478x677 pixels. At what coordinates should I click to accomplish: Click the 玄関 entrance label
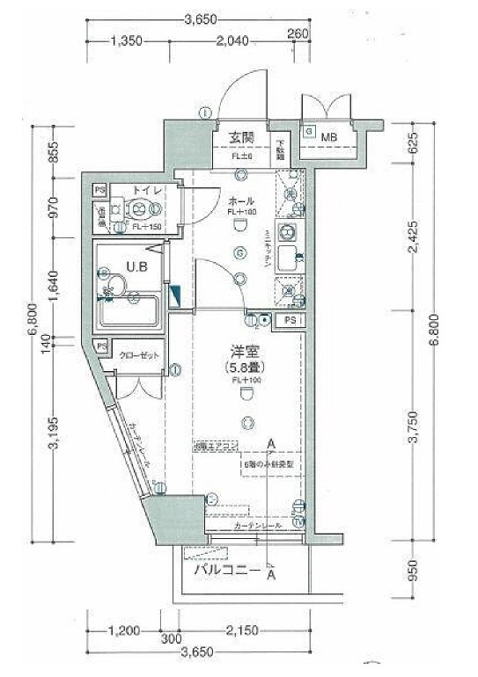pyautogui.click(x=241, y=137)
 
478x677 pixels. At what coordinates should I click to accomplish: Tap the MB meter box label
pyautogui.click(x=329, y=137)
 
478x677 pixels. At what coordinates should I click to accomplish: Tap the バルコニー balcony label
pyautogui.click(x=226, y=571)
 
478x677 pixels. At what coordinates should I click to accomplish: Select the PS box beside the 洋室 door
pyautogui.click(x=290, y=321)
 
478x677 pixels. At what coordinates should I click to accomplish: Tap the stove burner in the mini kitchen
pyautogui.click(x=287, y=233)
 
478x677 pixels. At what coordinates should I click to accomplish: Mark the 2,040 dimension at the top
pyautogui.click(x=232, y=40)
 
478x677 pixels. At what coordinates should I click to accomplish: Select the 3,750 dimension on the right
pyautogui.click(x=412, y=428)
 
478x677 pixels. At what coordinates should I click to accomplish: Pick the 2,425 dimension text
pyautogui.click(x=412, y=249)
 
